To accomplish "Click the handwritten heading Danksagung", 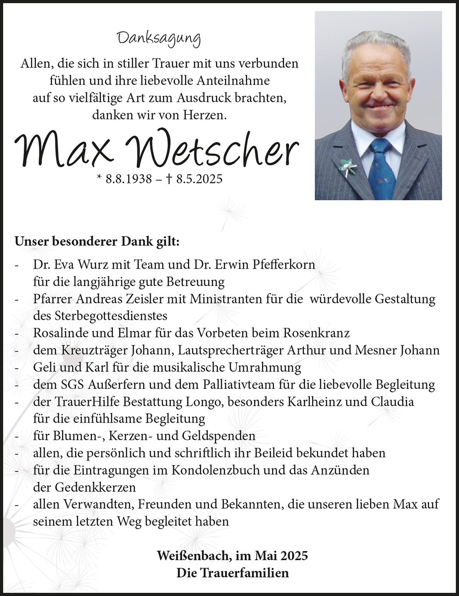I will click(159, 39).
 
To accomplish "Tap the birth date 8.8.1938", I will click(129, 179).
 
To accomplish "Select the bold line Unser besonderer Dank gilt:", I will click(97, 242).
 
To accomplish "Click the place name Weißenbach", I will click(194, 556).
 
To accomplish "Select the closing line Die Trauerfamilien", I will click(233, 573).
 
